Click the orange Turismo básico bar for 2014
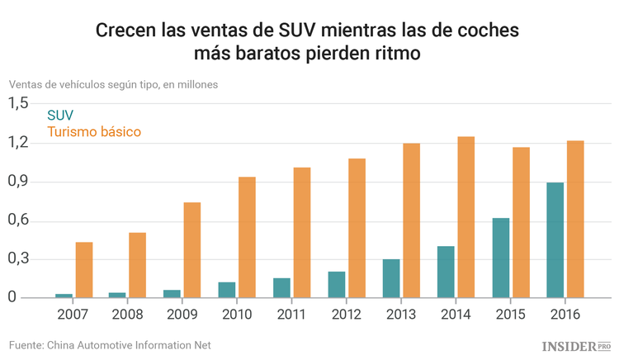point(466,216)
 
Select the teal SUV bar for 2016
point(555,239)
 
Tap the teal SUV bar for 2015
point(500,258)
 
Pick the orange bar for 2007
point(84,269)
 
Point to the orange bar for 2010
point(247,237)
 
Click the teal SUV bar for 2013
point(391,278)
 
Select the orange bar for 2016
point(575,219)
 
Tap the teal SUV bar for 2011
point(281,287)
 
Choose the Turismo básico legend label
point(94,132)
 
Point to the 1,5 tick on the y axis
point(19,103)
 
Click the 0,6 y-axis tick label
point(19,220)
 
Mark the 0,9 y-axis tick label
point(19,182)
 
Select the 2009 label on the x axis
point(182,315)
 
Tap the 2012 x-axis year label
point(346,315)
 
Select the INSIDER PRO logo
point(575,345)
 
